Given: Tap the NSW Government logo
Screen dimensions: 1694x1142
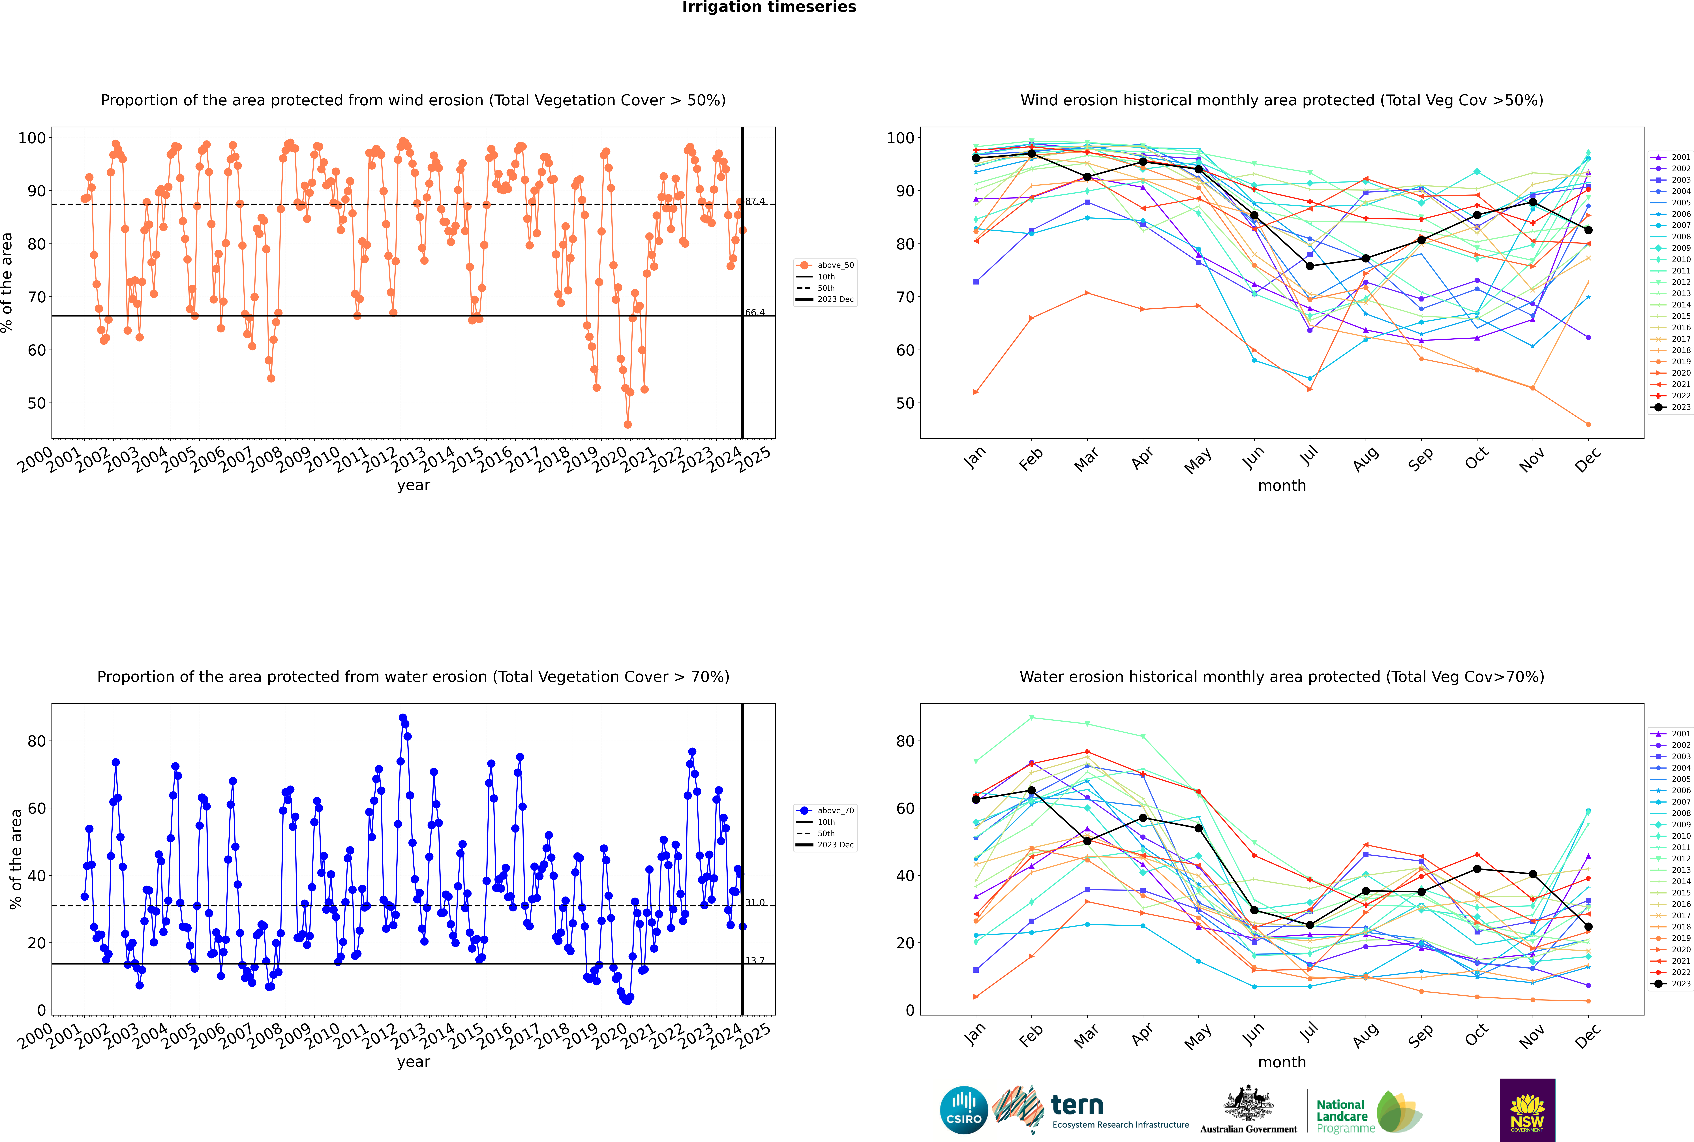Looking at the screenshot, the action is pos(1527,1110).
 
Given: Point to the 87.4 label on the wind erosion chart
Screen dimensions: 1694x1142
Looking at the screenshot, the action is pos(755,201).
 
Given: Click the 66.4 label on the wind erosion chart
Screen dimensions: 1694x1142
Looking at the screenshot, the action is pos(755,313).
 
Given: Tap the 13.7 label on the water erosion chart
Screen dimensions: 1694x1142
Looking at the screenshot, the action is pos(755,961).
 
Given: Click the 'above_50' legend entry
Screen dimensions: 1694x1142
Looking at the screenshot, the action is pos(825,265).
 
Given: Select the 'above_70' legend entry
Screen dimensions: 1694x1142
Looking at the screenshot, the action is pos(825,811).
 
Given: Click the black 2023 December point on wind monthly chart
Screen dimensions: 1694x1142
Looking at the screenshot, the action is pos(1588,230).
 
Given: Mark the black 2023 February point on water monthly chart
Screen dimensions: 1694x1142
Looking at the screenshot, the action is pos(1031,790).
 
